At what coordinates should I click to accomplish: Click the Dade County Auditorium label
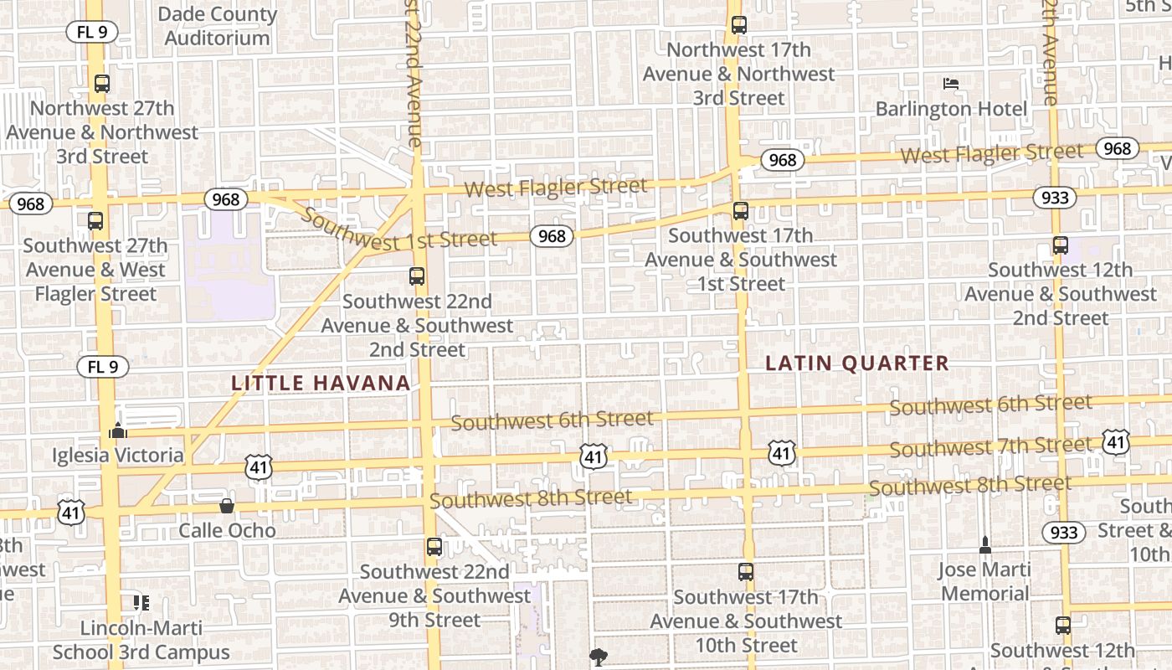(x=217, y=26)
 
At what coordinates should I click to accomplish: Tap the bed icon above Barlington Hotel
(x=951, y=84)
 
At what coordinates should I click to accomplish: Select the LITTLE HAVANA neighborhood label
(x=321, y=383)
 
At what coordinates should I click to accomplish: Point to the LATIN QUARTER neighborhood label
(x=858, y=363)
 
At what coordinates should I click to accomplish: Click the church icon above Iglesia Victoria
(x=118, y=430)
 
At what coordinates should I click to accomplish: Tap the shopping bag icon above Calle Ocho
(x=226, y=506)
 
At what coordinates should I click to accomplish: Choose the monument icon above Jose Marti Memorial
(x=985, y=545)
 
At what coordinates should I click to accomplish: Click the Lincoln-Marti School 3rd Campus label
(x=141, y=640)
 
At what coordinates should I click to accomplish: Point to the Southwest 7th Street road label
(x=991, y=446)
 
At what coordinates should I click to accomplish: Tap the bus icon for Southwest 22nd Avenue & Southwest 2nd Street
(x=417, y=276)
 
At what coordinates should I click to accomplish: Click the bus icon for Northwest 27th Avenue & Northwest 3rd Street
(x=102, y=84)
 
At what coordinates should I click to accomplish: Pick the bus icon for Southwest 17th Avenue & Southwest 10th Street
(x=746, y=572)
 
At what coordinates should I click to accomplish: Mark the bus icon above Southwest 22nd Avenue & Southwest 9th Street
(x=434, y=547)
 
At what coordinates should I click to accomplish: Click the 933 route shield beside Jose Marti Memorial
(x=1064, y=532)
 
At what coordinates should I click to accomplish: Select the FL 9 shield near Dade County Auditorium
(x=92, y=33)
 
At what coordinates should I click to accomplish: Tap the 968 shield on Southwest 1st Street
(x=552, y=236)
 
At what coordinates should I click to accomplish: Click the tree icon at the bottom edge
(x=598, y=657)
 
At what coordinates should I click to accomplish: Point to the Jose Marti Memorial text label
(x=984, y=581)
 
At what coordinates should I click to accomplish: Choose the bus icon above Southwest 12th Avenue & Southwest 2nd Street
(x=1061, y=245)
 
